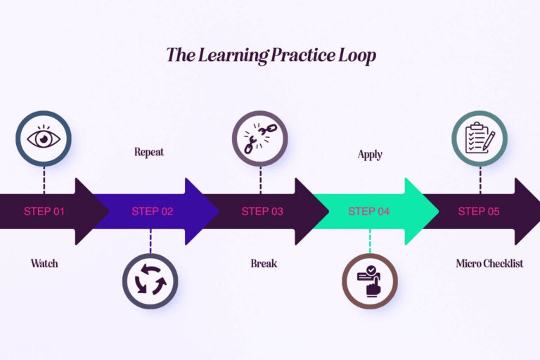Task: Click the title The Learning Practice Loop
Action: tap(271, 56)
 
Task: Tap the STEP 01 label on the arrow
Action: tap(44, 211)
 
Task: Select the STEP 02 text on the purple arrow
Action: tap(152, 211)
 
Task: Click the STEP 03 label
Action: tap(262, 211)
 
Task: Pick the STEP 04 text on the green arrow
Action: tap(370, 211)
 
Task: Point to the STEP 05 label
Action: tap(480, 211)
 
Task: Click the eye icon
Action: tap(44, 139)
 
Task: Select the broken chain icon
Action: tap(260, 139)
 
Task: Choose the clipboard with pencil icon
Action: tap(480, 139)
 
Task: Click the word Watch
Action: tap(44, 264)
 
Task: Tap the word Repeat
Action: tap(149, 152)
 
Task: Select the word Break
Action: tap(264, 264)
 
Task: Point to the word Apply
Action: tap(370, 155)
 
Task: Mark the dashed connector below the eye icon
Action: tap(44, 179)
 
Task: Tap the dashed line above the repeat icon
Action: tap(150, 241)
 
